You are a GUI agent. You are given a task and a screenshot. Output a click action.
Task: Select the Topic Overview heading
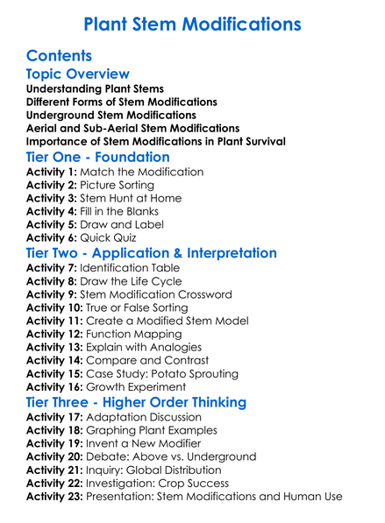click(x=77, y=75)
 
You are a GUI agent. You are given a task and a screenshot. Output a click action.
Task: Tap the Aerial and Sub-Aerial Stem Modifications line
click(x=132, y=128)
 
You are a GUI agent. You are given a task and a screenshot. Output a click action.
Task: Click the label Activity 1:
click(x=51, y=172)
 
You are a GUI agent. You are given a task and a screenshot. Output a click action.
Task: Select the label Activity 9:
click(x=51, y=294)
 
